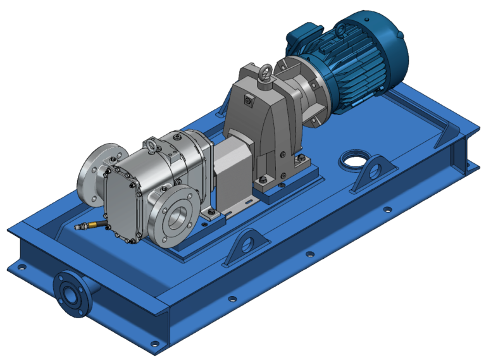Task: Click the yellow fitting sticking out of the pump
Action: pos(88,225)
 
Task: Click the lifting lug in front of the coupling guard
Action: pos(246,249)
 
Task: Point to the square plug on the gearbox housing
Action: pos(249,99)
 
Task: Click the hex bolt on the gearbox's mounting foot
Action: pos(261,183)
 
